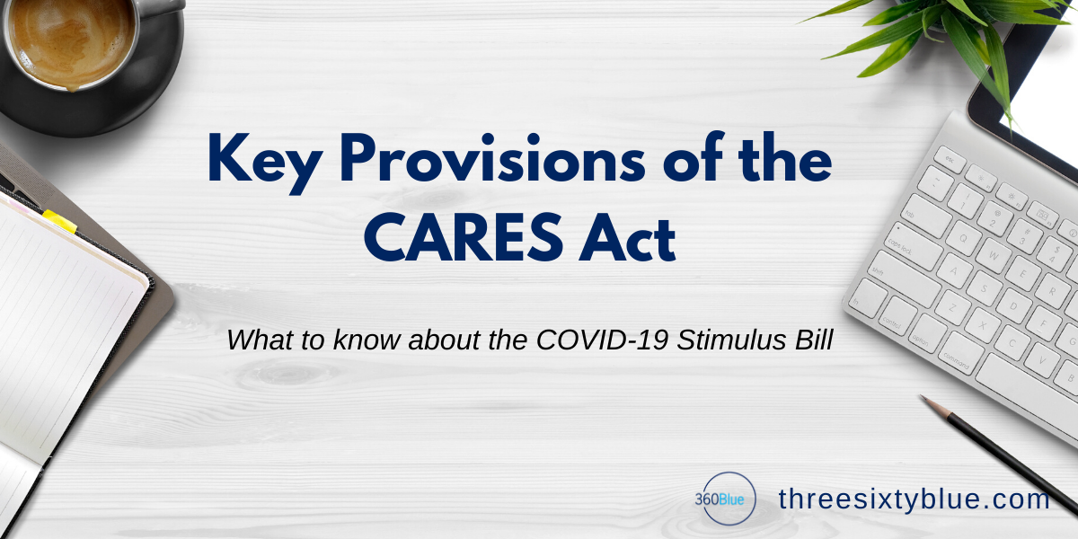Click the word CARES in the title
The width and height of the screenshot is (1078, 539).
[x=464, y=237]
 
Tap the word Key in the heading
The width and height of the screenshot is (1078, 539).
[x=264, y=163]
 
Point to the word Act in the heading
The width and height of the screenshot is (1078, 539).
[x=628, y=238]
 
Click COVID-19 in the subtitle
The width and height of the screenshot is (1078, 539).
[x=602, y=340]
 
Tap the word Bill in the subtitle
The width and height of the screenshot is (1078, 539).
[x=814, y=340]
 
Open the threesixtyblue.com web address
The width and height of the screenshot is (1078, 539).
[x=914, y=499]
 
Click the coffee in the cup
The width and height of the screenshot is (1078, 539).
[x=71, y=42]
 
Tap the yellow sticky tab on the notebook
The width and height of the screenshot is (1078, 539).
[x=59, y=221]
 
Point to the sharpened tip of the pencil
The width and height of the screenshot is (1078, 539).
[x=922, y=397]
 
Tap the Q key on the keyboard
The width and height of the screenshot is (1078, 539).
[x=963, y=238]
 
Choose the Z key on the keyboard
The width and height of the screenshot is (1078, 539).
[x=952, y=307]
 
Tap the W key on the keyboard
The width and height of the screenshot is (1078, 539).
[x=994, y=254]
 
